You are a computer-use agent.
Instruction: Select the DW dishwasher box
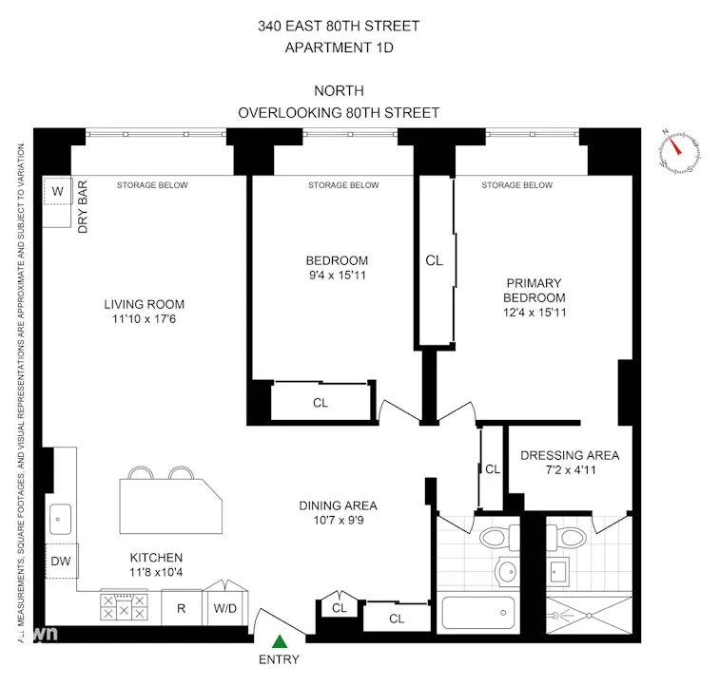pos(60,561)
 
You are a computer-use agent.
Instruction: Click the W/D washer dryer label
pos(225,607)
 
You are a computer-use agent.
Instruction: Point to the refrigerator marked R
pos(180,607)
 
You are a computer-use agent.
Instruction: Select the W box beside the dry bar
pos(57,192)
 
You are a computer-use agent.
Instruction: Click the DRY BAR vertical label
pos(83,210)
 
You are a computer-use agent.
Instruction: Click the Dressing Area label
pos(570,455)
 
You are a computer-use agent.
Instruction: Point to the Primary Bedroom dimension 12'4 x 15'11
pos(534,313)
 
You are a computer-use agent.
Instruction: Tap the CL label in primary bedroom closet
pos(434,259)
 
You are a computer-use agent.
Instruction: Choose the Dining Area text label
pos(339,505)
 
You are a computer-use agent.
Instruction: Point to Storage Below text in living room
pos(152,185)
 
